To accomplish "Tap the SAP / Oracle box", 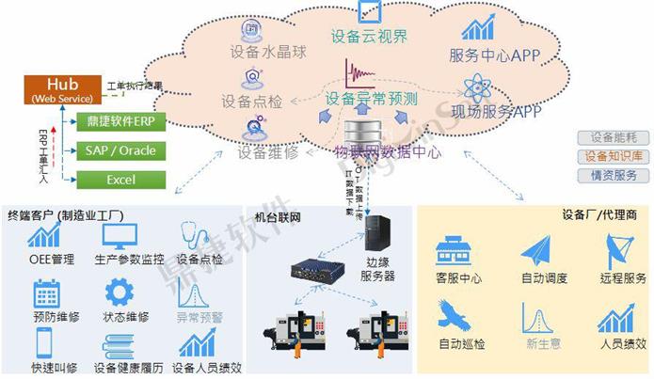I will point(120,151).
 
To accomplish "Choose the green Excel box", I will point(120,180).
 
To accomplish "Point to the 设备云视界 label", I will point(369,38).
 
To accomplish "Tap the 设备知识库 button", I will point(612,156).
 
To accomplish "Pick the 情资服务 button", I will point(612,175).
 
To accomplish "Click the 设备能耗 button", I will point(612,137).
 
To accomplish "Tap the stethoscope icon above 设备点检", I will point(196,235).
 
